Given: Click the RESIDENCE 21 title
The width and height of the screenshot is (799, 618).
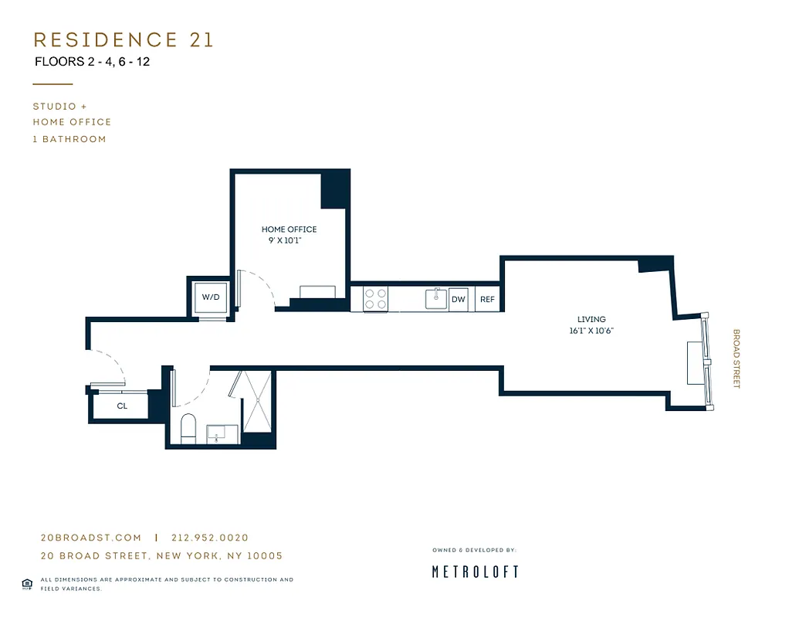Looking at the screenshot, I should (x=124, y=40).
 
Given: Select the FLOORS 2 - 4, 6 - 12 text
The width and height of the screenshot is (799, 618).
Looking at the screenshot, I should (x=93, y=62).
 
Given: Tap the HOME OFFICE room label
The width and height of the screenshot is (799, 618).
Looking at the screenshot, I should (x=289, y=229).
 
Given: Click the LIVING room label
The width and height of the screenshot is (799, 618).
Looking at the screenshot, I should (x=591, y=319).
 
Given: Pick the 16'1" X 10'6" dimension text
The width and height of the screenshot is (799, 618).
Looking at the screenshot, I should (x=591, y=331).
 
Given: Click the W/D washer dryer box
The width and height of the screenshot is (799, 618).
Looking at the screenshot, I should (x=211, y=297).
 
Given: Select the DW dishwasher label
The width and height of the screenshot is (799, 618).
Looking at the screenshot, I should (x=459, y=300).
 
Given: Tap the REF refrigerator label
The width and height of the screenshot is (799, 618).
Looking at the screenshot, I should (x=487, y=300).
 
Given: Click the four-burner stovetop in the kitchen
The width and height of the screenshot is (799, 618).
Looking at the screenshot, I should (x=375, y=299).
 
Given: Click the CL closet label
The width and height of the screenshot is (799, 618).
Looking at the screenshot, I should (x=122, y=406).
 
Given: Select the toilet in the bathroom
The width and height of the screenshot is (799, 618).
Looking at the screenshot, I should (x=188, y=429).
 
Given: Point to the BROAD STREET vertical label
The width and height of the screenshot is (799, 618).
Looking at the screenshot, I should (x=736, y=359).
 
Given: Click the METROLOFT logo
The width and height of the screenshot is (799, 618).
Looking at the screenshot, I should (x=474, y=572).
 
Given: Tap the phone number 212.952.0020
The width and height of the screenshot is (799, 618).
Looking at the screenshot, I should (x=210, y=538).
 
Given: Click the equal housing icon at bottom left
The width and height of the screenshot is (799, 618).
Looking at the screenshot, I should (x=27, y=583).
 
